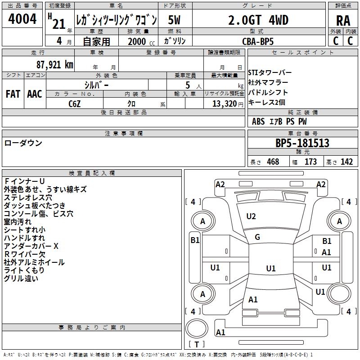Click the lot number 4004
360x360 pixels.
pos(22,19)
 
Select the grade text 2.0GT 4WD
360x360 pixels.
pos(258,20)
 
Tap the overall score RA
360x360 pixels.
pos(343,21)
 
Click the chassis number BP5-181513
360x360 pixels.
pos(302,144)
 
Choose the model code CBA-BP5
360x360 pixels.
pos(258,41)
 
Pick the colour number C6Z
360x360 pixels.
pos(75,103)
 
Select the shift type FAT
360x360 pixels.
pos(13,94)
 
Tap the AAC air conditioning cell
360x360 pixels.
pos(35,94)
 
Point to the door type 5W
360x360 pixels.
pos(175,20)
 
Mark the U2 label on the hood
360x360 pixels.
pos(251,216)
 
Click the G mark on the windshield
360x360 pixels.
pos(257,237)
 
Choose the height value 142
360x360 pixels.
pos(346,162)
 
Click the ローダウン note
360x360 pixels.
pos(23,143)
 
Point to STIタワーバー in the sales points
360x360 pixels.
pos(270,73)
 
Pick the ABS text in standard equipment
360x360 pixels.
pos(258,121)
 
